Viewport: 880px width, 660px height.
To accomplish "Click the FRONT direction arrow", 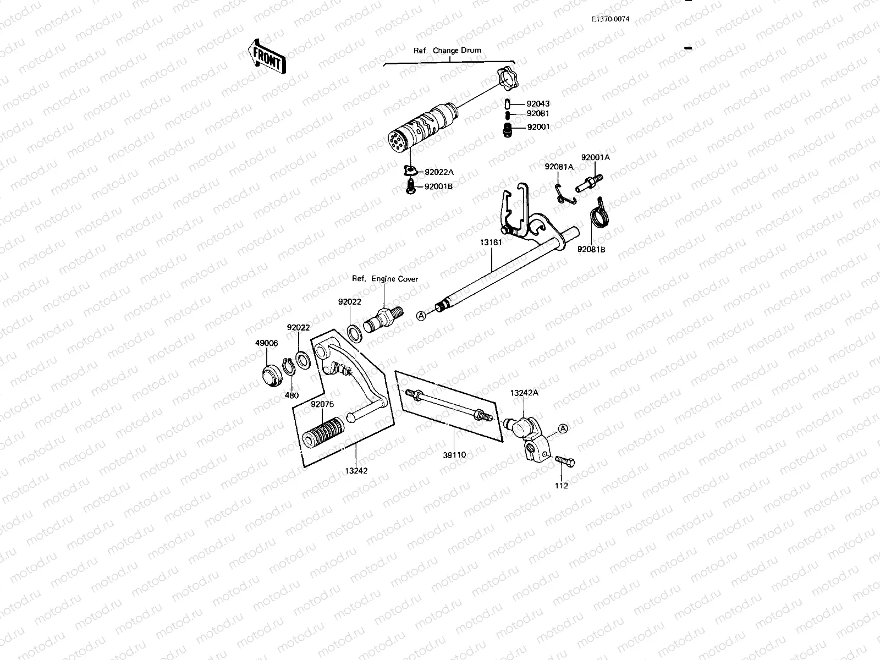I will click(x=268, y=57).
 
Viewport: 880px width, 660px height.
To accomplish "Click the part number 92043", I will click(x=537, y=103).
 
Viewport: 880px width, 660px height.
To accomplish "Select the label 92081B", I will click(x=591, y=249).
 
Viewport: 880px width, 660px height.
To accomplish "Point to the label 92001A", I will click(x=596, y=157).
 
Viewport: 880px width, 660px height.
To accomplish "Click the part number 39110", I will click(x=454, y=455).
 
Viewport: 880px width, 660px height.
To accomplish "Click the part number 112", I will click(x=562, y=486).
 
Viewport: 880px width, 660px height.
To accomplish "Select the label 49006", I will click(x=266, y=343).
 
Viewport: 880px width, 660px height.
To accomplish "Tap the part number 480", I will click(x=291, y=395).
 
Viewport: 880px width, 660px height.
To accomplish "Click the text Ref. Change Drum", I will click(x=447, y=50).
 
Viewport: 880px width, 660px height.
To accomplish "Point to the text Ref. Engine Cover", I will click(x=385, y=279).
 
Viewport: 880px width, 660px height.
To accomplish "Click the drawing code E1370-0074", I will click(x=610, y=19).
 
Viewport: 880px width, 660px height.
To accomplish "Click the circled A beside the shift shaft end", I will click(x=421, y=316).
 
